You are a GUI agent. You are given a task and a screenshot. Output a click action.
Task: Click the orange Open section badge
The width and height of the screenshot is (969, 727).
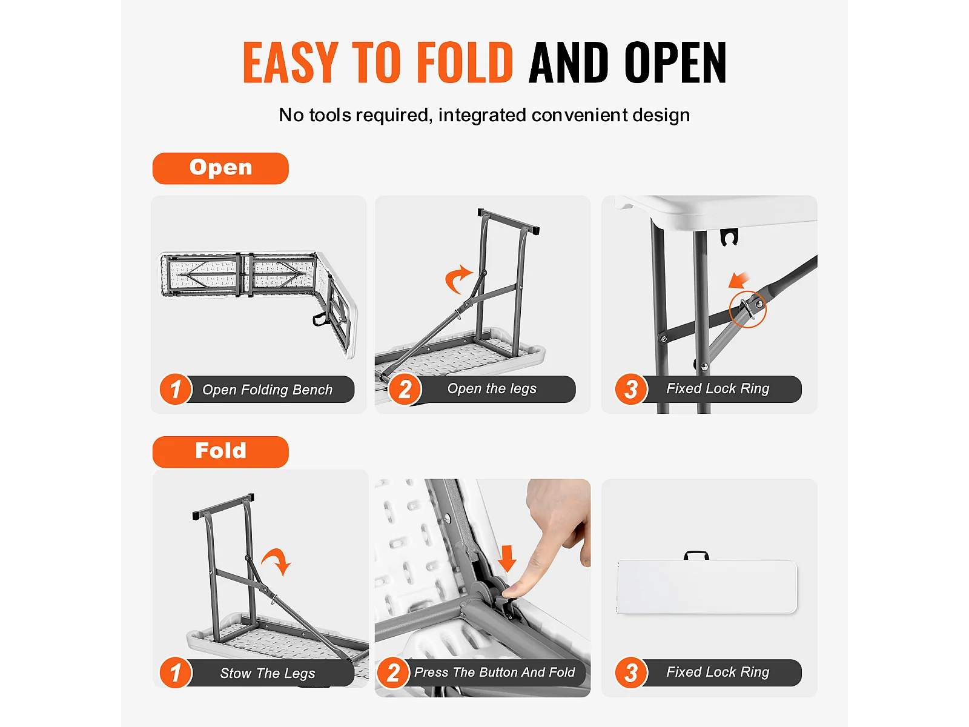(x=220, y=168)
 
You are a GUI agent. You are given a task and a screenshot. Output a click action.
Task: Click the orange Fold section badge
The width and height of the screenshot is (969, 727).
(x=220, y=451)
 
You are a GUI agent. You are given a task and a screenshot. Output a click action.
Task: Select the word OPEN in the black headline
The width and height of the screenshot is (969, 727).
(x=675, y=62)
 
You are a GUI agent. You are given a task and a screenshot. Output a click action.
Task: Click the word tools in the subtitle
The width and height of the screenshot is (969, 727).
(x=330, y=115)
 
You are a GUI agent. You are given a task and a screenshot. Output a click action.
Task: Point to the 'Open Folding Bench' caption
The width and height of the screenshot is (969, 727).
(x=267, y=390)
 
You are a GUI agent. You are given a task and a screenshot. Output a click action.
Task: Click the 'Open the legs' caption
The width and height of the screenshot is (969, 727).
(x=492, y=388)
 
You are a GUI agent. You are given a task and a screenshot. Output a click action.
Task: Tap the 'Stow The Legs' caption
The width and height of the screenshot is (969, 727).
(x=268, y=673)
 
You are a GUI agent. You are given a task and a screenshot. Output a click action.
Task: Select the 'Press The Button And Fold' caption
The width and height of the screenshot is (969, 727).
(x=494, y=672)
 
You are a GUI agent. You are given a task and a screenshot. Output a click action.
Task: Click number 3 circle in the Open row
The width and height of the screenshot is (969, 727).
(x=631, y=389)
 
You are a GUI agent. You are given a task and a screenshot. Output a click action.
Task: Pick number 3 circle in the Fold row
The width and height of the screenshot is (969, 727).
(x=631, y=672)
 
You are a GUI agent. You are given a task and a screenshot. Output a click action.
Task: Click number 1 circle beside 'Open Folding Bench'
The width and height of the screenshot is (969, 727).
(x=176, y=389)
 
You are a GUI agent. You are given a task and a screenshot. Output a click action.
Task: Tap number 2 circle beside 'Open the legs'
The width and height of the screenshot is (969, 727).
(x=405, y=389)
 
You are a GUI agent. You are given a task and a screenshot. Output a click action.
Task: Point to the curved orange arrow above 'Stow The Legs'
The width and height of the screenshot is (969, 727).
(x=278, y=559)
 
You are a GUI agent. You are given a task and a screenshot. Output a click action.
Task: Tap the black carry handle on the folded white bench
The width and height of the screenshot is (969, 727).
(x=696, y=554)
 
